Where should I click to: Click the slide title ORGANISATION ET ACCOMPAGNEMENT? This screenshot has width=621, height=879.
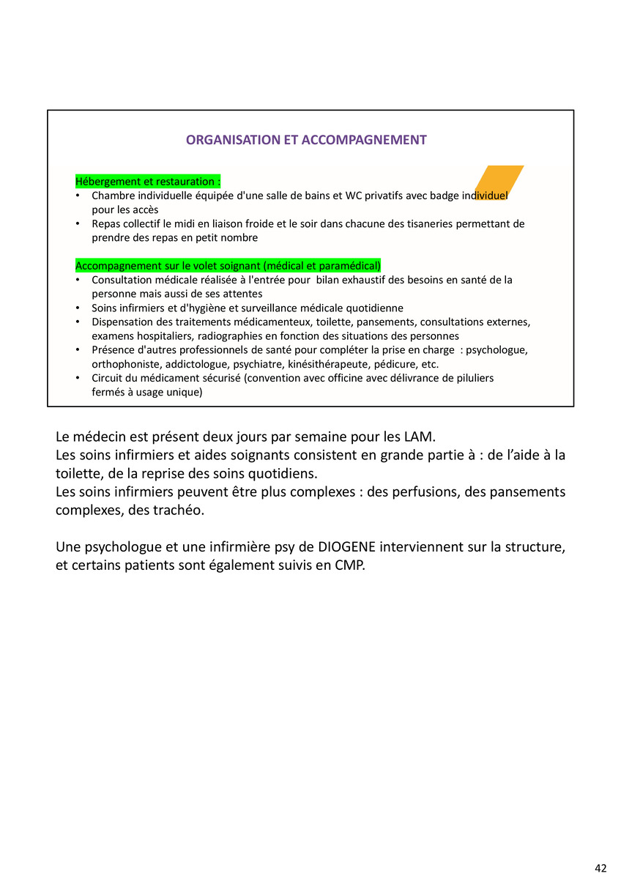pyautogui.click(x=306, y=140)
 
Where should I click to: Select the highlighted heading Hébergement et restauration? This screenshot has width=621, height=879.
pyautogui.click(x=148, y=182)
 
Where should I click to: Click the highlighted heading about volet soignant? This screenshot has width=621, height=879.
pyautogui.click(x=228, y=266)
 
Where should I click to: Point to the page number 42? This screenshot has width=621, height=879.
pyautogui.click(x=600, y=868)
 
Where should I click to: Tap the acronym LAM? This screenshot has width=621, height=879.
pyautogui.click(x=419, y=437)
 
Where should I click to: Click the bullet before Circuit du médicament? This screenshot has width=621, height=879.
pyautogui.click(x=78, y=378)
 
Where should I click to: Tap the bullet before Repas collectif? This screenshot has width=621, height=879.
pyautogui.click(x=78, y=224)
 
